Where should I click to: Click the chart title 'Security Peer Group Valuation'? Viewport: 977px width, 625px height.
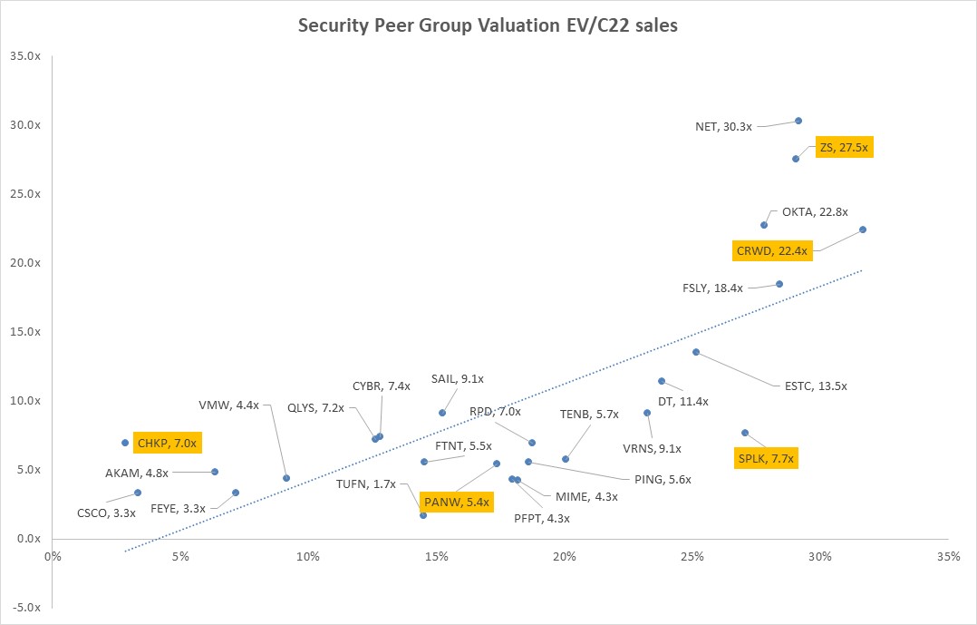pyautogui.click(x=488, y=26)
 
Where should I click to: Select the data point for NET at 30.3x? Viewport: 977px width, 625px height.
pyautogui.click(x=798, y=121)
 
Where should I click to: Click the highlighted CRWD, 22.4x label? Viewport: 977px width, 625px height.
pyautogui.click(x=772, y=250)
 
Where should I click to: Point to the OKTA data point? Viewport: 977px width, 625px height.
pyautogui.click(x=764, y=225)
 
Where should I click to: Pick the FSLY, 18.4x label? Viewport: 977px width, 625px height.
pyautogui.click(x=712, y=288)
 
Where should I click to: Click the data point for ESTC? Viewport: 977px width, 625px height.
pyautogui.click(x=696, y=352)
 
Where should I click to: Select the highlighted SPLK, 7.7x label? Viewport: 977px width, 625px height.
pyautogui.click(x=766, y=459)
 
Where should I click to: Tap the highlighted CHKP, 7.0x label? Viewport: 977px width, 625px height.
pyautogui.click(x=166, y=444)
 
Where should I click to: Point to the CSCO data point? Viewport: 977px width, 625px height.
pyautogui.click(x=138, y=493)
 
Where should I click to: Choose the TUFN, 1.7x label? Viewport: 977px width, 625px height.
pyautogui.click(x=366, y=483)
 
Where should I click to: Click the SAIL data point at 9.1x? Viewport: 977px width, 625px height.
pyautogui.click(x=442, y=413)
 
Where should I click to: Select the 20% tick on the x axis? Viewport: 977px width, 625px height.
pyautogui.click(x=565, y=555)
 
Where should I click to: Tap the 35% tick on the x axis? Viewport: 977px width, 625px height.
pyautogui.click(x=948, y=555)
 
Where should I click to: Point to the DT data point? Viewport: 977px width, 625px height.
pyautogui.click(x=662, y=381)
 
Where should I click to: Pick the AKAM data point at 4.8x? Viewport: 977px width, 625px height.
pyautogui.click(x=215, y=472)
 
